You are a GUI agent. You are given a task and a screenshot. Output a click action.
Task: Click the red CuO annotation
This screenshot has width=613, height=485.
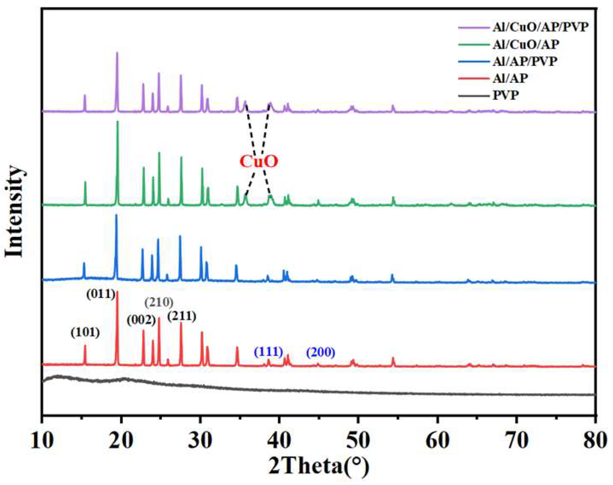[x=259, y=162]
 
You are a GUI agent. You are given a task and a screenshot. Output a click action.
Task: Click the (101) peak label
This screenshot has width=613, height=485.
[x=85, y=332]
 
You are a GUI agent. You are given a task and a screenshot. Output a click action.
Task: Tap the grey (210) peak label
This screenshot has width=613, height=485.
[x=159, y=302]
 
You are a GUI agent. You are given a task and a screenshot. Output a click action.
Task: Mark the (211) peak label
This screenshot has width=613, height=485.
[x=181, y=316]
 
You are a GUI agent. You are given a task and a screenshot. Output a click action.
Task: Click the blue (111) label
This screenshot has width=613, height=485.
[x=268, y=352]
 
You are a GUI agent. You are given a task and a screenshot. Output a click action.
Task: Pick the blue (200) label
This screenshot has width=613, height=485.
[x=321, y=352]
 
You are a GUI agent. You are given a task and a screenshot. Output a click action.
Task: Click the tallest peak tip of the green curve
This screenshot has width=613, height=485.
[x=118, y=121]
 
